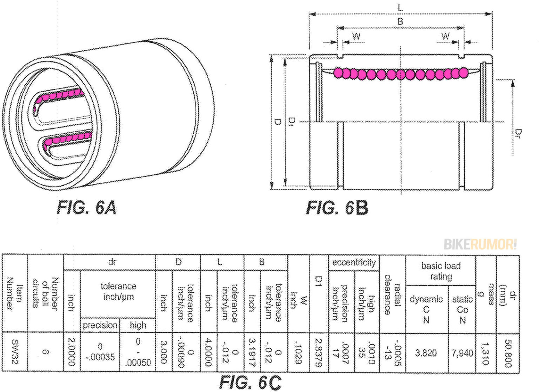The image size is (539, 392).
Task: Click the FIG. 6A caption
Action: pyautogui.click(x=86, y=208)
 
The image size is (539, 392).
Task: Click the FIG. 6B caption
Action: pyautogui.click(x=337, y=208)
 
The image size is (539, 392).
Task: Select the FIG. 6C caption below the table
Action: pyautogui.click(x=250, y=382)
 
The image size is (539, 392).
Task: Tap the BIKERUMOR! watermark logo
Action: pyautogui.click(x=480, y=244)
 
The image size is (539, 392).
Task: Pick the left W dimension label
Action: pyautogui.click(x=356, y=36)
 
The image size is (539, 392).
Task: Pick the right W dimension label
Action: pyautogui.click(x=445, y=36)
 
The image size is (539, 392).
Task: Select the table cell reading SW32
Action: pyautogui.click(x=15, y=352)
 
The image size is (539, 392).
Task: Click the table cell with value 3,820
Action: pyautogui.click(x=426, y=352)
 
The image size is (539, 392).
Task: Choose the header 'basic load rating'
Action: pyautogui.click(x=441, y=271)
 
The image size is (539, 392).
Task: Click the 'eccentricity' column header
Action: pyautogui.click(x=354, y=263)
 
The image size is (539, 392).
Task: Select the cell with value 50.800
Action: pyautogui.click(x=507, y=352)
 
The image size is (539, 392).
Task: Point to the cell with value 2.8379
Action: pyautogui.click(x=319, y=352)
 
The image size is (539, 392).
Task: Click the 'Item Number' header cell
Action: pyautogui.click(x=15, y=293)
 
